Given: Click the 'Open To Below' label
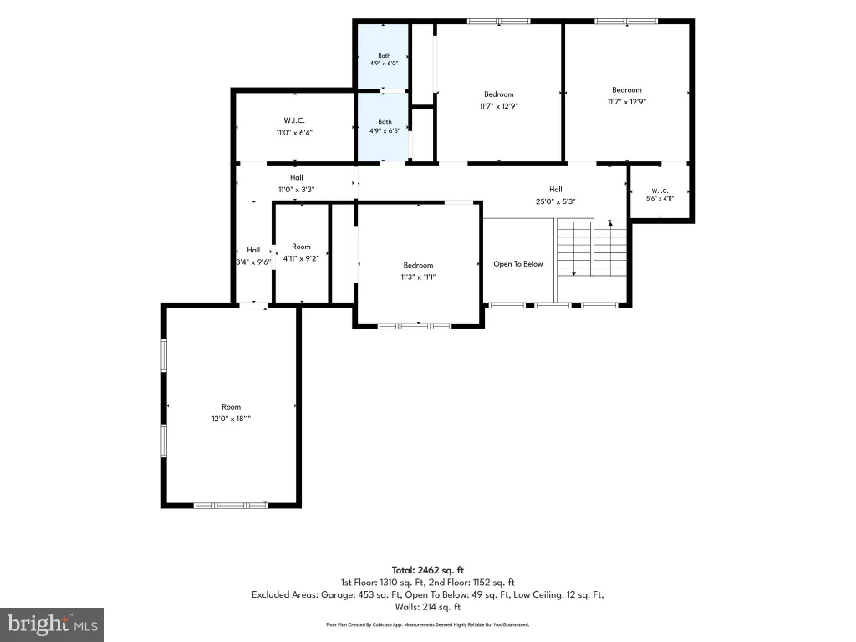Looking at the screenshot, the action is pyautogui.click(x=518, y=264).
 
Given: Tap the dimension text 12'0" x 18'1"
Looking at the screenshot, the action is pyautogui.click(x=231, y=419).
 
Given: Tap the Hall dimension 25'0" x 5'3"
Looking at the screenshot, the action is pyautogui.click(x=556, y=201).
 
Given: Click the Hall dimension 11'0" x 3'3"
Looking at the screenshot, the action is pyautogui.click(x=297, y=190).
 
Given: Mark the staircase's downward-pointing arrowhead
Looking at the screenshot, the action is pyautogui.click(x=573, y=273).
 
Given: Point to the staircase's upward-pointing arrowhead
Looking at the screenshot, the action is pyautogui.click(x=610, y=223).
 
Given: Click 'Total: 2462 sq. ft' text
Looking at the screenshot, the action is pyautogui.click(x=427, y=570).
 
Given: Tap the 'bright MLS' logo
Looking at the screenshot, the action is pyautogui.click(x=53, y=624).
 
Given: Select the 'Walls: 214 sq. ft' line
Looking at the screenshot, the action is pyautogui.click(x=427, y=607).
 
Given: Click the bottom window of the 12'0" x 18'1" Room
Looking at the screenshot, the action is pyautogui.click(x=231, y=506).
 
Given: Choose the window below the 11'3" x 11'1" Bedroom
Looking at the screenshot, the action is pyautogui.click(x=415, y=327).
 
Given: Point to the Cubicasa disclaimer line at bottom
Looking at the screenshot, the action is pyautogui.click(x=427, y=625).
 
